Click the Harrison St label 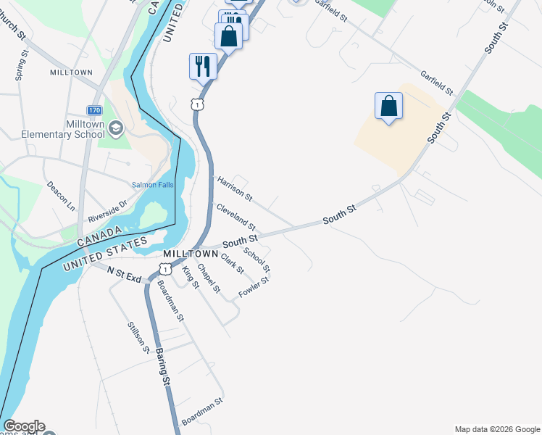(x=235, y=188)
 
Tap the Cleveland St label (x=236, y=217)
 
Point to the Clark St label (x=233, y=264)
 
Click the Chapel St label (x=209, y=281)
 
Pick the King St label (x=191, y=277)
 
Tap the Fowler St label (x=254, y=289)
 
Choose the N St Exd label (x=123, y=273)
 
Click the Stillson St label (x=138, y=338)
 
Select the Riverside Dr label (x=107, y=211)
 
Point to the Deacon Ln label (x=61, y=196)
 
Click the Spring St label (x=20, y=65)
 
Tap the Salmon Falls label (x=151, y=185)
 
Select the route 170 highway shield (x=94, y=110)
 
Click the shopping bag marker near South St (x=388, y=106)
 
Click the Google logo (x=24, y=426)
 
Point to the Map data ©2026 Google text (x=496, y=429)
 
